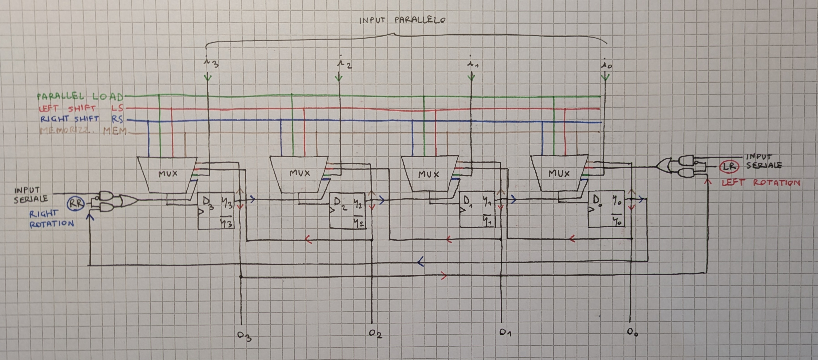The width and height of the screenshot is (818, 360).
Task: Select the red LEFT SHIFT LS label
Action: point(81,108)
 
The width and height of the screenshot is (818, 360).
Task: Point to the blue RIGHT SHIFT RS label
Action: point(81,119)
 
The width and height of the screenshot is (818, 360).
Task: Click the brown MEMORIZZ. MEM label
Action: point(83,131)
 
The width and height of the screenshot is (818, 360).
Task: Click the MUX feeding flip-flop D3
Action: point(167,174)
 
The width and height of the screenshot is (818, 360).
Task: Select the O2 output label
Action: point(375,334)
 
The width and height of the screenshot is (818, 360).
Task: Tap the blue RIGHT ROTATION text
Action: point(51,219)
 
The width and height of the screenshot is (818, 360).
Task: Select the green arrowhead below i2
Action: point(339,78)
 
